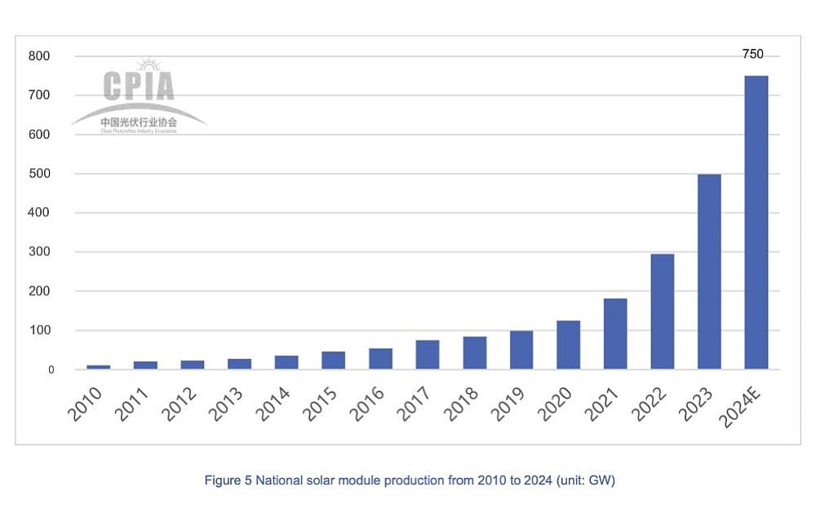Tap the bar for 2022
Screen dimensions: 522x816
662,312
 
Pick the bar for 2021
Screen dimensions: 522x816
615,334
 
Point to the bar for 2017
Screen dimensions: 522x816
428,355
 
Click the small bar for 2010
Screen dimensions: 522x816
99,367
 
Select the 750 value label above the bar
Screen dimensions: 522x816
752,55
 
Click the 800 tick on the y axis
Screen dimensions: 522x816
39,56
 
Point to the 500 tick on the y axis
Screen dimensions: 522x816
39,174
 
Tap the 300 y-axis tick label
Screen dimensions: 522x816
39,252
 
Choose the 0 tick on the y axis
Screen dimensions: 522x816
51,369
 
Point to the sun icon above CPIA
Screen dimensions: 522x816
148,64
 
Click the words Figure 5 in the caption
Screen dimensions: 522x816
228,480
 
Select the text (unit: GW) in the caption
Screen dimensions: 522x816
585,480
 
